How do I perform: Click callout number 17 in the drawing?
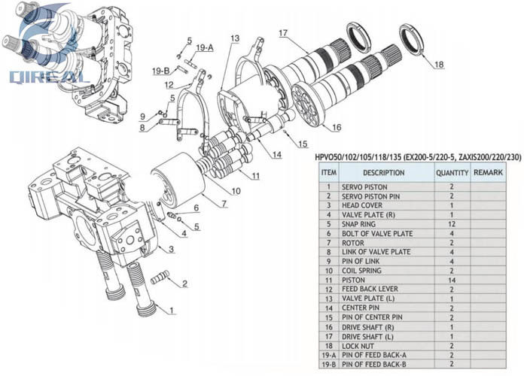(x=283, y=32)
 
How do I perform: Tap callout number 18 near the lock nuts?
(x=439, y=65)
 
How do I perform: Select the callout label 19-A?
(x=205, y=47)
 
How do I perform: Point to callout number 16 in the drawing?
(x=336, y=127)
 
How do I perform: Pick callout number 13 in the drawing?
(x=235, y=38)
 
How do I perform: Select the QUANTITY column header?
(x=452, y=173)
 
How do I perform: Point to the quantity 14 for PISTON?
(x=452, y=280)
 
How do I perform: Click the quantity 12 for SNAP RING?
(x=452, y=224)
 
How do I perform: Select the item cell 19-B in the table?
(x=328, y=364)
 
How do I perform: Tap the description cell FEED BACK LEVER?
(x=370, y=290)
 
